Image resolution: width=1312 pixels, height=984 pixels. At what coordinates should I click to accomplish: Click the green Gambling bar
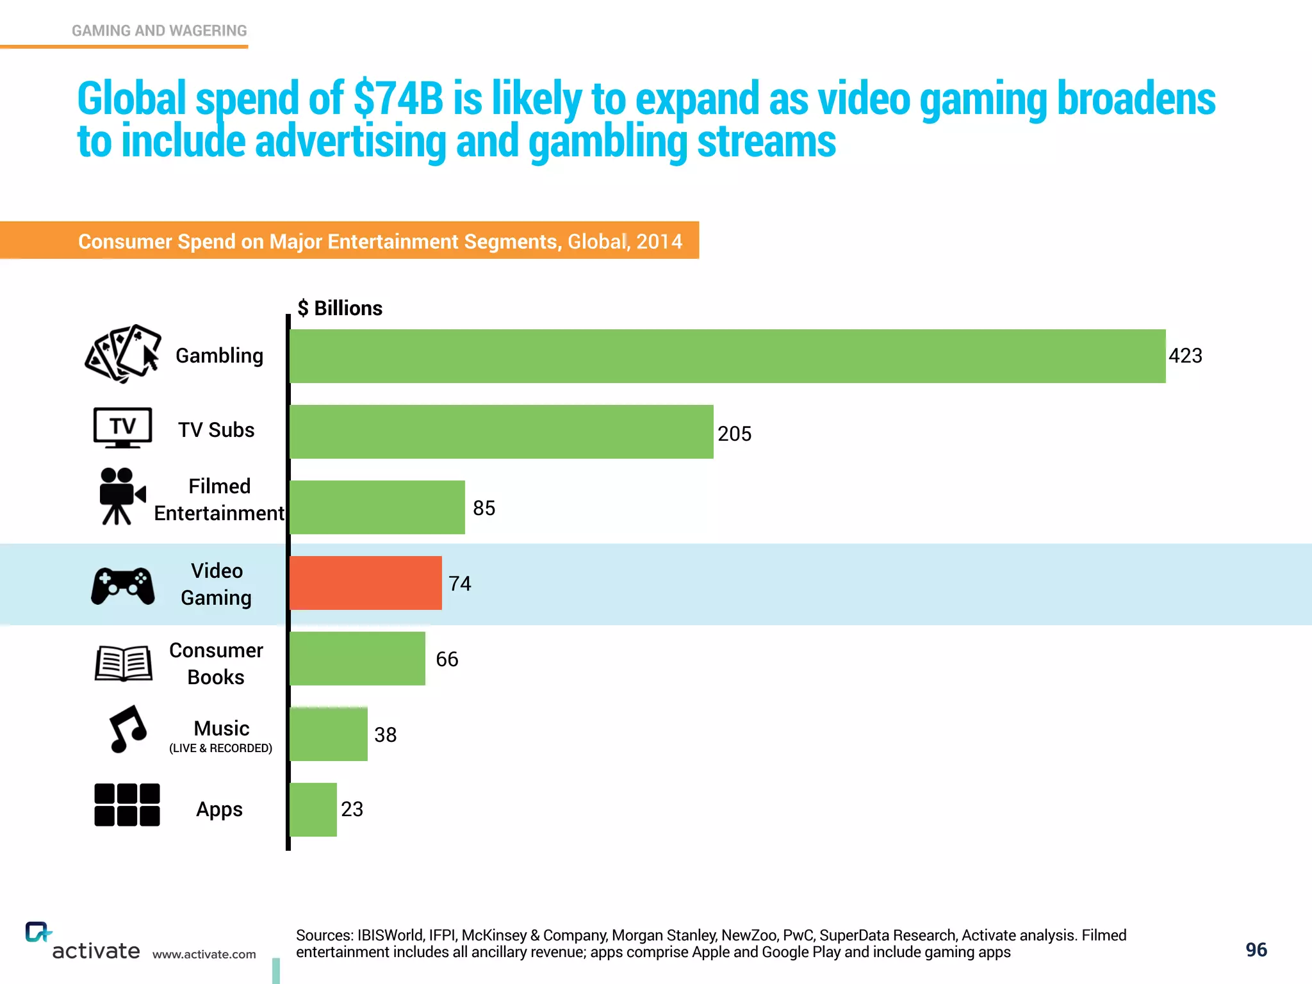click(x=727, y=356)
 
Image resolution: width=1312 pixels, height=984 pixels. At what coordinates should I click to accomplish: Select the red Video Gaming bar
click(x=366, y=583)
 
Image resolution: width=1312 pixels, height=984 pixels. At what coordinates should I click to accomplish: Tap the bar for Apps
click(x=313, y=810)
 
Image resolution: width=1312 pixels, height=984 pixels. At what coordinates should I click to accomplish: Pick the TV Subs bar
click(x=501, y=432)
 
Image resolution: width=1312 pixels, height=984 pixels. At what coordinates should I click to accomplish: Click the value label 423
click(x=1185, y=356)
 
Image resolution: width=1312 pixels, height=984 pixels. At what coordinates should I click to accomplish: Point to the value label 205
click(x=734, y=434)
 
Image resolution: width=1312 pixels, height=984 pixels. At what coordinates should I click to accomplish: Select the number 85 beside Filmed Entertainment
click(x=484, y=509)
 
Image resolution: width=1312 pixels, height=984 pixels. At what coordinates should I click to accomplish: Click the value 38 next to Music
click(x=385, y=735)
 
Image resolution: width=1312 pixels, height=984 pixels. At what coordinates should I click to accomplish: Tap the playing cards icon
click(x=122, y=354)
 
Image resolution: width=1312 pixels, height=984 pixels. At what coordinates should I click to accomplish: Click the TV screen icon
click(x=122, y=427)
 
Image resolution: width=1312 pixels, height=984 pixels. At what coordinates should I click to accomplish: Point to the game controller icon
click(x=122, y=585)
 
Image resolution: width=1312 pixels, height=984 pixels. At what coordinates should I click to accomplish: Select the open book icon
click(x=123, y=663)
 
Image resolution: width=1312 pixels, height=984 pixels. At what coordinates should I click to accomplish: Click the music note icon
click(x=127, y=729)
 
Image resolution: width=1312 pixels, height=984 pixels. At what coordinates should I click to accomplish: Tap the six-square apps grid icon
click(x=127, y=805)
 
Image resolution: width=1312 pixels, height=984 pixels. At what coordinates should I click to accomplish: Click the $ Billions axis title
click(x=340, y=308)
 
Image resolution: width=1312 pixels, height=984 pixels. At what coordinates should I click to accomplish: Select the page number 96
click(x=1256, y=950)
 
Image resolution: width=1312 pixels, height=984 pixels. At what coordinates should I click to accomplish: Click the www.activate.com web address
click(x=204, y=955)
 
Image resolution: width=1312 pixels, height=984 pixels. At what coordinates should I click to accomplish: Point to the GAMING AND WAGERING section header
click(x=159, y=31)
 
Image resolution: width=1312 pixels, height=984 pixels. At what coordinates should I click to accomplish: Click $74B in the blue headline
click(x=398, y=99)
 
